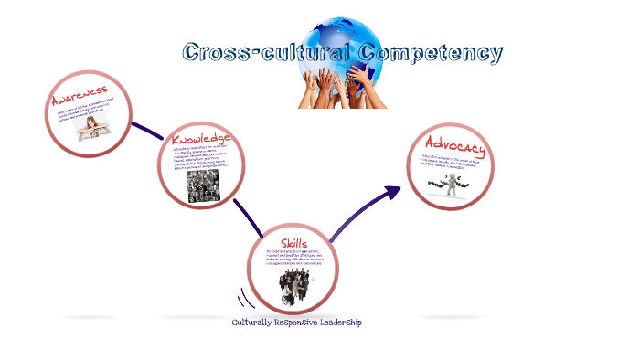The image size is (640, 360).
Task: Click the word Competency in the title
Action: (x=430, y=52)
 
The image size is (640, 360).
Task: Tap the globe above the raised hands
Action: (x=343, y=41)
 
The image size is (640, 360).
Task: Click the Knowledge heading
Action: (x=201, y=139)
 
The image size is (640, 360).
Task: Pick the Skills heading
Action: (x=293, y=242)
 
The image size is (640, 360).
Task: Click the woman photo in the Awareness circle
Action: (x=93, y=127)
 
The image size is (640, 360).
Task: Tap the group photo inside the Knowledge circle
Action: (x=202, y=185)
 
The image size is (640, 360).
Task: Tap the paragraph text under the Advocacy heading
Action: (x=458, y=164)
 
